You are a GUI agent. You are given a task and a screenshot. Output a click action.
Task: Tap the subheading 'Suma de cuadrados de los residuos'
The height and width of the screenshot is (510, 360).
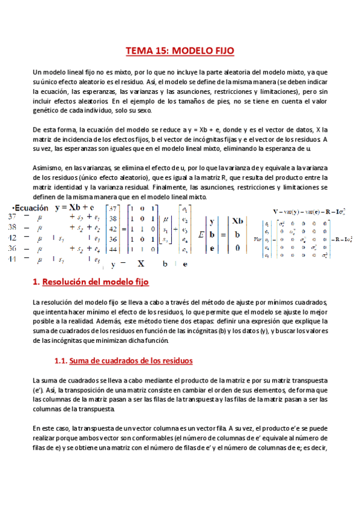point(131,361)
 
